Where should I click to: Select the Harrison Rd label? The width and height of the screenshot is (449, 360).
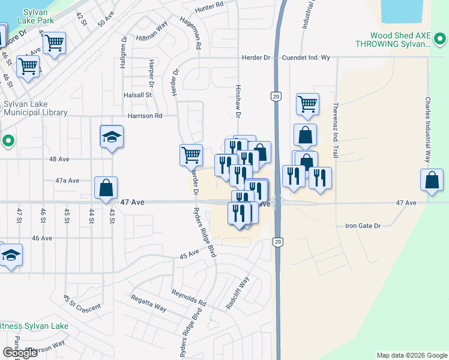[x=145, y=116]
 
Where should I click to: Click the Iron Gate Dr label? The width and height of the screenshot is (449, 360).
[x=363, y=226]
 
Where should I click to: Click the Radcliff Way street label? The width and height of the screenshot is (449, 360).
[x=238, y=293]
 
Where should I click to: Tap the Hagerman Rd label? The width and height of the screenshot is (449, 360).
[x=190, y=32]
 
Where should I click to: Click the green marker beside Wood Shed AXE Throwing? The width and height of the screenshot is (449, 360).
[x=440, y=40]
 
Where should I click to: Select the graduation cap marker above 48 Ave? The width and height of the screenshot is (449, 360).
[x=112, y=137]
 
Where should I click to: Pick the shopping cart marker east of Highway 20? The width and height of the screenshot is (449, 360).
[x=307, y=104]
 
